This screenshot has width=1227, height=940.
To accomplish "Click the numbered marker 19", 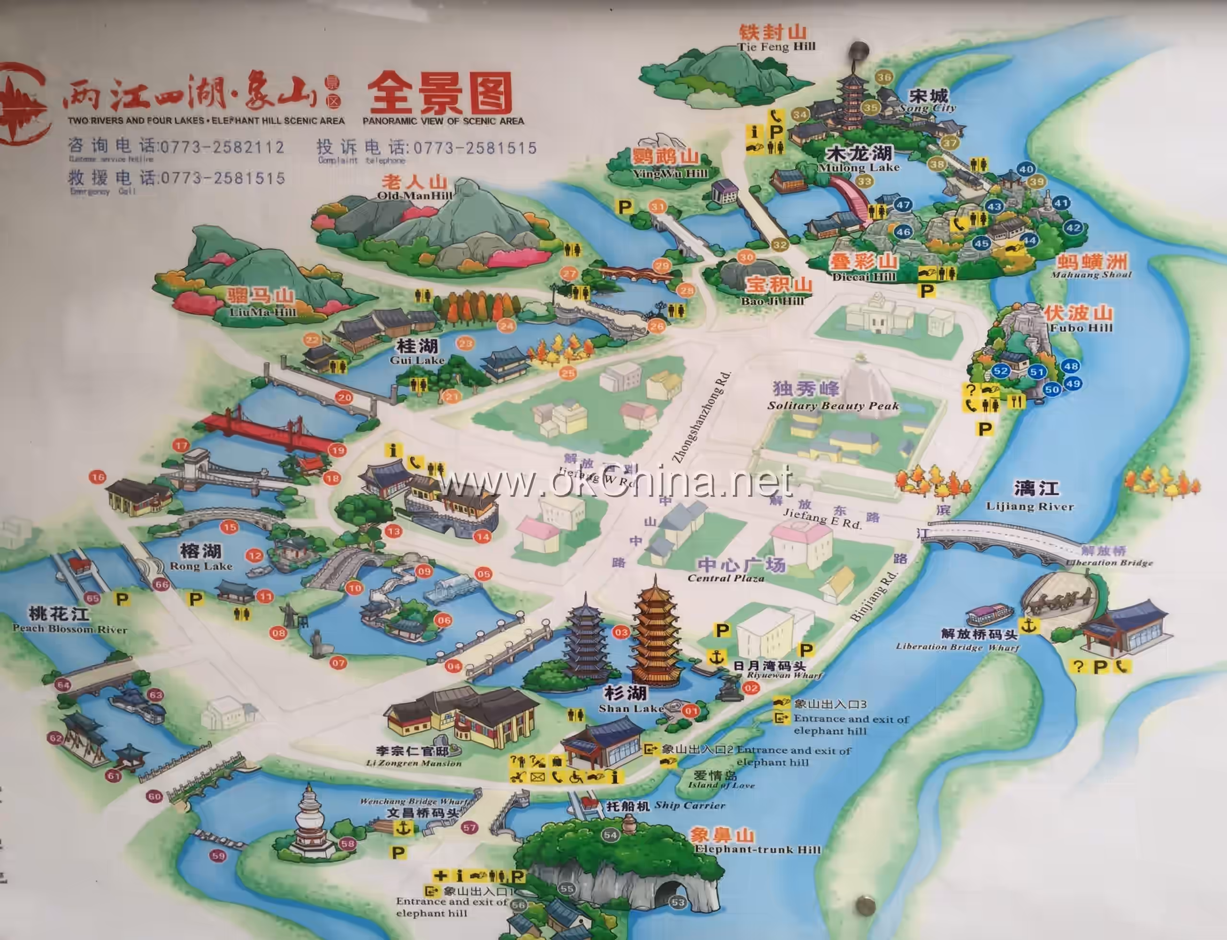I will pyautogui.click(x=337, y=450).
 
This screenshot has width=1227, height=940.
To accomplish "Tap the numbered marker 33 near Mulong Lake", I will pyautogui.click(x=864, y=181).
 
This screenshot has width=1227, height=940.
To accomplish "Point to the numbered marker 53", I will pyautogui.click(x=678, y=902).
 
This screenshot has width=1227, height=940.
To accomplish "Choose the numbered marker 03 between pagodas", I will pyautogui.click(x=621, y=633).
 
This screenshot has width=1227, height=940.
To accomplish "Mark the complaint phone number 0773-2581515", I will pyautogui.click(x=475, y=148).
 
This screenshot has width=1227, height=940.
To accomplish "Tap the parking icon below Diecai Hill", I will pyautogui.click(x=927, y=291).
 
